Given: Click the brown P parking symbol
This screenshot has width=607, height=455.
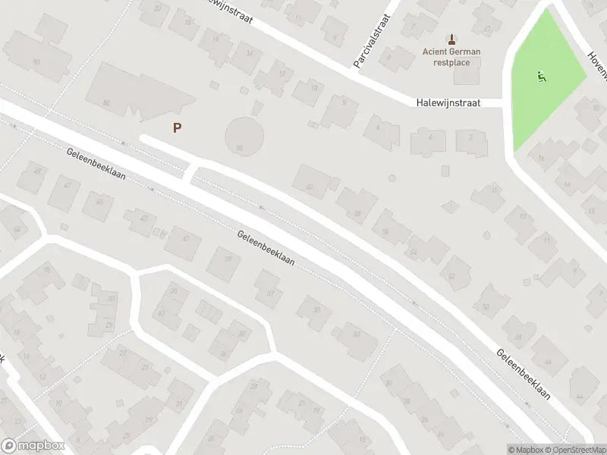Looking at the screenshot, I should [177, 128].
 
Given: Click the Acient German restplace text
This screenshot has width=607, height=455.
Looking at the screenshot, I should [451, 57].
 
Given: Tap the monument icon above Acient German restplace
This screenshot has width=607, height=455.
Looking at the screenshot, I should [451, 39].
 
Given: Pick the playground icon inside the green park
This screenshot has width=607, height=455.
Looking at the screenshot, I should [541, 76].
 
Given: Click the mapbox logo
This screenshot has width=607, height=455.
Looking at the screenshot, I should [33, 446].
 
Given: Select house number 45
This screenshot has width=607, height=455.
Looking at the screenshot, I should [99, 200].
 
